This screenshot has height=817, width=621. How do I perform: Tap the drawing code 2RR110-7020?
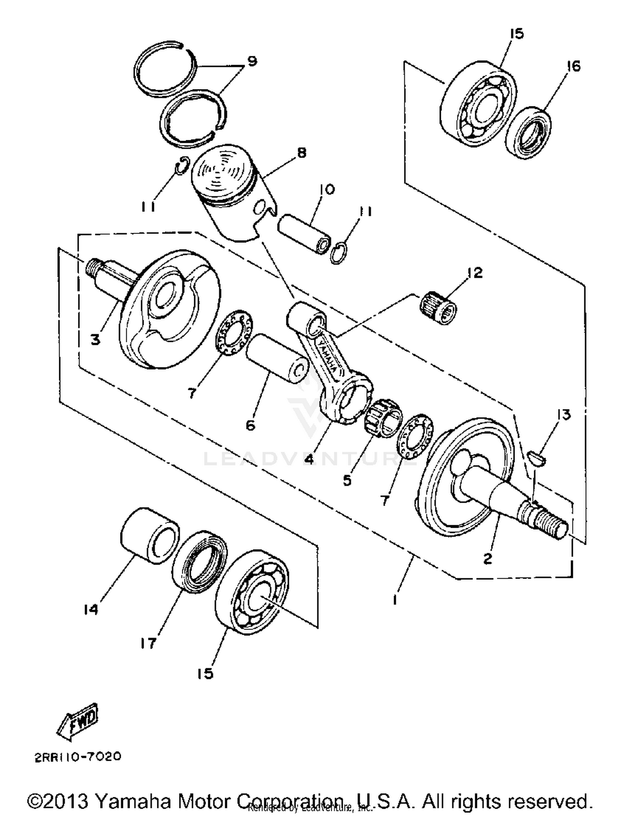78,757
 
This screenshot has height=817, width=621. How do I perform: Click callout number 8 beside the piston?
302,153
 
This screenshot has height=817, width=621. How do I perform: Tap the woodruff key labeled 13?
538,459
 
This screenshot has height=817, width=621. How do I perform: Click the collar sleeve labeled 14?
149,536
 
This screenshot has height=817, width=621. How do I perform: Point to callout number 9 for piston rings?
251,61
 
